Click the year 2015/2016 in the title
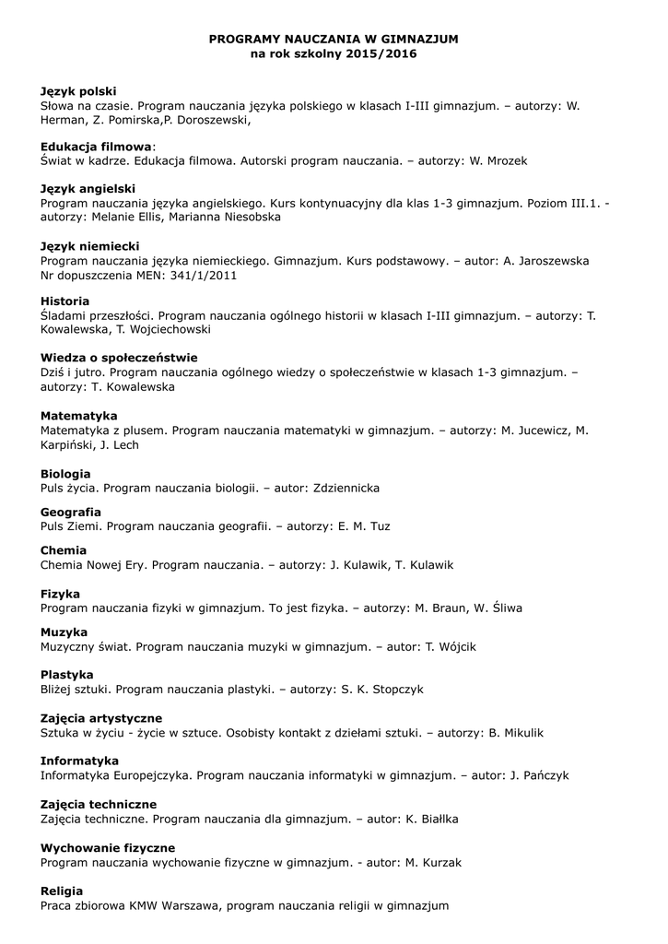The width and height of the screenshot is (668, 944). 381,54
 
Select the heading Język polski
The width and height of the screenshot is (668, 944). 78,91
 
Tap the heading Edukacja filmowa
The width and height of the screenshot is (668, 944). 96,147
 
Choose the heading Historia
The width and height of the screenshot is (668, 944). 64,301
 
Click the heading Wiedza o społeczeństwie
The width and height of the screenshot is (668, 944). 119,358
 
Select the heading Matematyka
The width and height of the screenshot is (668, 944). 79,416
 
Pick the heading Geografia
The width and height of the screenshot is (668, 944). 71,512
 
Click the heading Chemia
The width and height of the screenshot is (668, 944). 64,550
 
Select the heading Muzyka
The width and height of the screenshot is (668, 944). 64,632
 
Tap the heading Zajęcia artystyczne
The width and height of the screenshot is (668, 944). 101,718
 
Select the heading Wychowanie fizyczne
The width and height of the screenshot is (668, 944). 108,848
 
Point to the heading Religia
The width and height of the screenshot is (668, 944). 62,891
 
